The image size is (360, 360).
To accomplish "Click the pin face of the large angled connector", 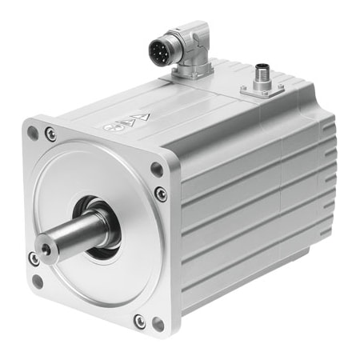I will click(161, 50).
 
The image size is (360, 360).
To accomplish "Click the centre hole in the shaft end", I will click(46, 251).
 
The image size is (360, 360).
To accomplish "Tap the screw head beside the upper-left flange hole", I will click(51, 135).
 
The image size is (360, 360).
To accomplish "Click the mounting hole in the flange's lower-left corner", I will click(37, 281).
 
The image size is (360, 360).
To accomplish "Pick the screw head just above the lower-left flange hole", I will click(34, 259).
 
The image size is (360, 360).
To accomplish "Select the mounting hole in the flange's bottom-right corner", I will click(158, 324).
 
